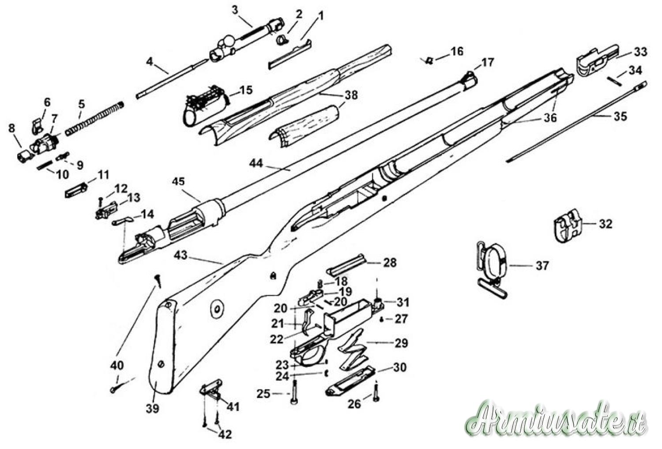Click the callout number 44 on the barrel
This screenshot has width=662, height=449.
click(256, 163)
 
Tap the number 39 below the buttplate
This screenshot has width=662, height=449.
click(153, 409)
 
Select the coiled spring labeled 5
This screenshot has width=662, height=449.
click(94, 118)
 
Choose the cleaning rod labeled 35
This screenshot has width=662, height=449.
click(576, 122)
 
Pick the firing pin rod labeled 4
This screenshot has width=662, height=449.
click(171, 79)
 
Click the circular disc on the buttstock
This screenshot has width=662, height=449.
click(217, 309)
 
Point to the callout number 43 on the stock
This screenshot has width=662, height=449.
click(181, 255)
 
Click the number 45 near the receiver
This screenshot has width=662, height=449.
click(178, 181)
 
